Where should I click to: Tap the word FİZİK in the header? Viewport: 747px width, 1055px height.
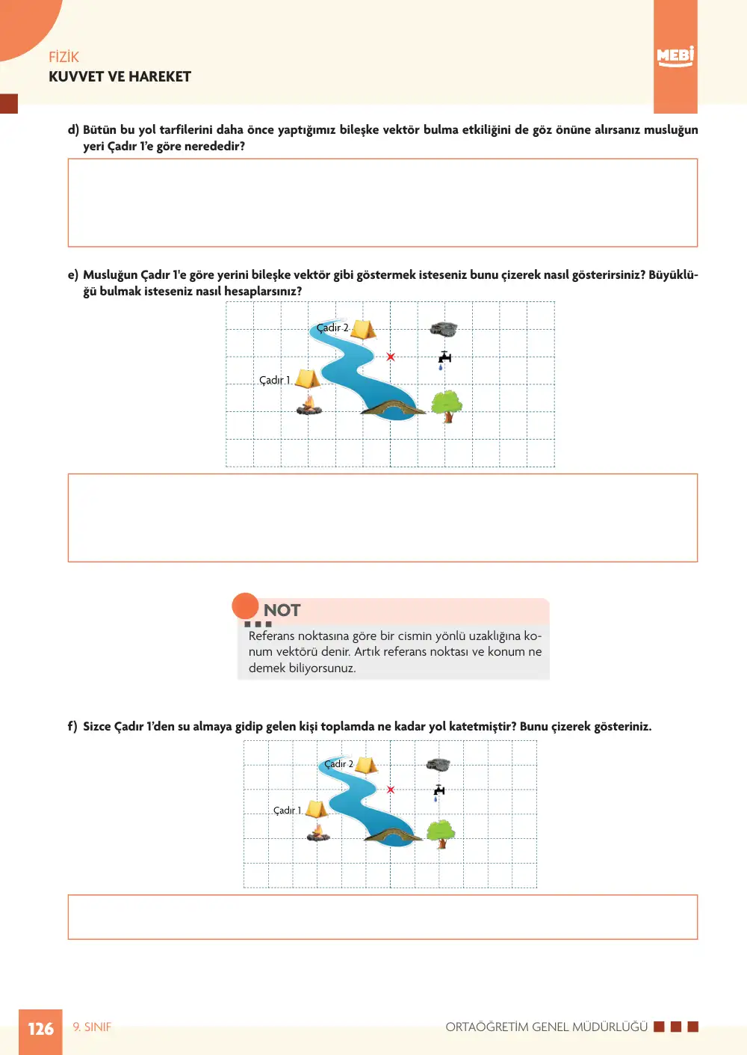pyautogui.click(x=63, y=57)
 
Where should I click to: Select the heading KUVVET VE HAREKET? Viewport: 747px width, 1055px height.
pyautogui.click(x=120, y=77)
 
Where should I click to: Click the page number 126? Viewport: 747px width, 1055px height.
pyautogui.click(x=40, y=1028)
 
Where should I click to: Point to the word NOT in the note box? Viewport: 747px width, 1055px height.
pyautogui.click(x=282, y=610)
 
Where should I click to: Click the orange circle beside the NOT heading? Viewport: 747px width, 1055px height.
pyautogui.click(x=245, y=606)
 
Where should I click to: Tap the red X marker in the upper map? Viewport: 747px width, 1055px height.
pyautogui.click(x=391, y=357)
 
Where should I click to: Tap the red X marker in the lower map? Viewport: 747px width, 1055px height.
pyautogui.click(x=391, y=790)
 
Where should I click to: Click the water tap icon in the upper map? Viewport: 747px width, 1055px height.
pyautogui.click(x=444, y=360)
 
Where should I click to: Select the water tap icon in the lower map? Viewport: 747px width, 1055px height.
pyautogui.click(x=438, y=793)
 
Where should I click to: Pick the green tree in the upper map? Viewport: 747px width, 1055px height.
pyautogui.click(x=447, y=407)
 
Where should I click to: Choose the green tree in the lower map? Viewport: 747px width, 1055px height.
pyautogui.click(x=441, y=834)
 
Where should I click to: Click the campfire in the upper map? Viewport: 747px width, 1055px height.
pyautogui.click(x=309, y=405)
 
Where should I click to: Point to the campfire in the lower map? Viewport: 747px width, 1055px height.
pyautogui.click(x=318, y=833)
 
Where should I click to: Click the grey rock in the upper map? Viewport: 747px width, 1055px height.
pyautogui.click(x=444, y=329)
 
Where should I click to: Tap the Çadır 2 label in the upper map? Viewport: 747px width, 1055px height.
pyautogui.click(x=332, y=327)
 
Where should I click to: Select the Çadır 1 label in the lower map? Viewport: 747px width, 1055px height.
pyautogui.click(x=287, y=810)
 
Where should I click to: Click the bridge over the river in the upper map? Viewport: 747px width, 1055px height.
pyautogui.click(x=393, y=407)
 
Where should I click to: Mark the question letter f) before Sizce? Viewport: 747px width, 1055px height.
pyautogui.click(x=72, y=726)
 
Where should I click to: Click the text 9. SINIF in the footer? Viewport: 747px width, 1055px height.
pyautogui.click(x=92, y=1027)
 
